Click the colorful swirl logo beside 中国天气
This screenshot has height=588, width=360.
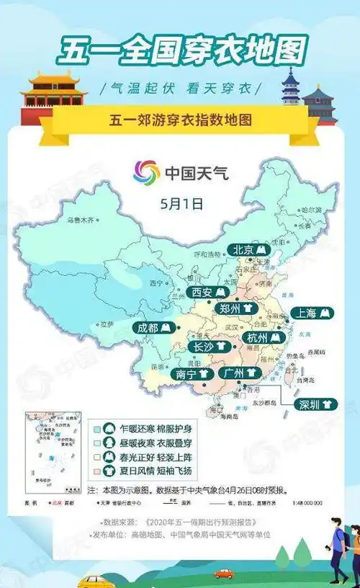coord(147,173)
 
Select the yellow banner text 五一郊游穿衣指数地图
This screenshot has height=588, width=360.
coord(181,120)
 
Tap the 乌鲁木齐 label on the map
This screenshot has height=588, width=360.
coord(81,219)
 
